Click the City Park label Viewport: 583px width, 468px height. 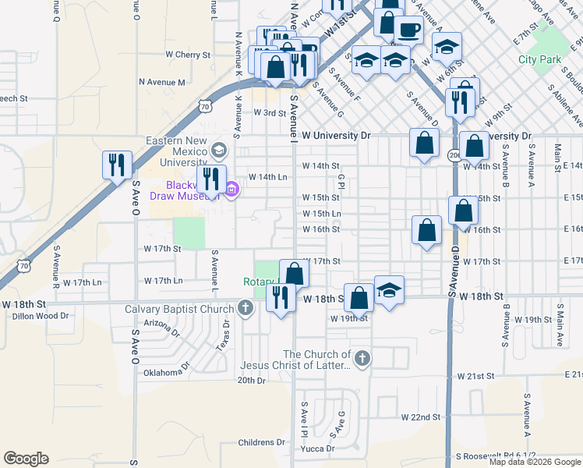(x=539, y=59)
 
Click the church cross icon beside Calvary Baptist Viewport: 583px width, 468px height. (x=246, y=307)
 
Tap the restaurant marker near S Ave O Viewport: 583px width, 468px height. (x=117, y=165)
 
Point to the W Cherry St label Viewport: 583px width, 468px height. (x=188, y=55)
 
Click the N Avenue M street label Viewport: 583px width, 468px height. (x=162, y=82)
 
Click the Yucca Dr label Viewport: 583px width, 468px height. (x=318, y=448)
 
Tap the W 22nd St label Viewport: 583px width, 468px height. (x=421, y=417)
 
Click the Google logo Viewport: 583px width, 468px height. (x=26, y=459)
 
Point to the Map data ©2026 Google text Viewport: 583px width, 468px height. (x=536, y=462)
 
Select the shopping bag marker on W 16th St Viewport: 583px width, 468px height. (x=426, y=229)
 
